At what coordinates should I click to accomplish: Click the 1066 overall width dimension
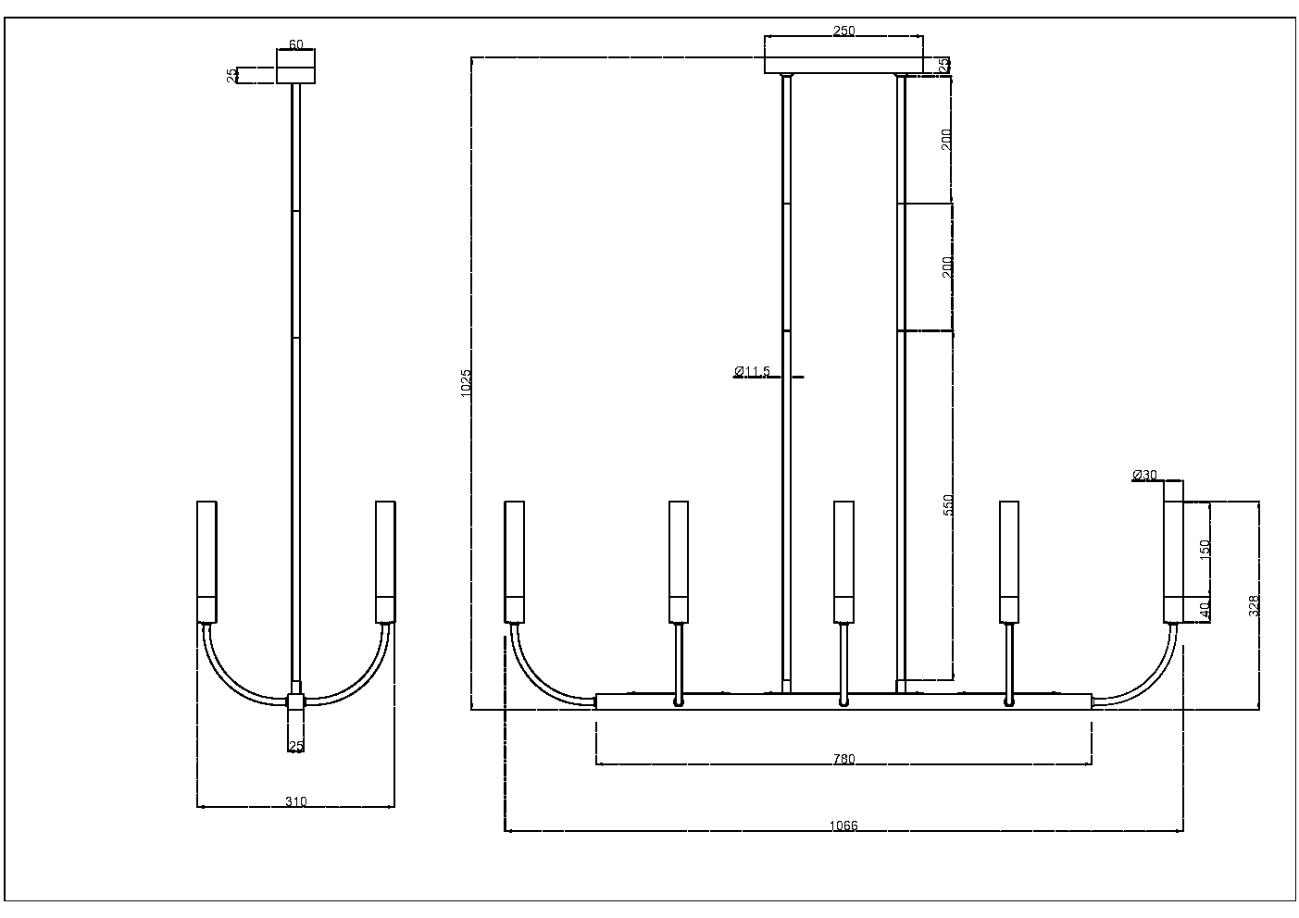pos(843,825)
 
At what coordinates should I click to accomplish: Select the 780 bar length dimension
pos(843,759)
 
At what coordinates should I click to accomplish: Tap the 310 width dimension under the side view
pos(295,801)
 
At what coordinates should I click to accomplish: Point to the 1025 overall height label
pos(466,383)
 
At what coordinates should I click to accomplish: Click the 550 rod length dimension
pos(947,505)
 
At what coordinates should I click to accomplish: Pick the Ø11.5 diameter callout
pos(752,371)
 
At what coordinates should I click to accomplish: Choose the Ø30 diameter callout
pos(1144,475)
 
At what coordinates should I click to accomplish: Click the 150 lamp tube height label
pos(1204,549)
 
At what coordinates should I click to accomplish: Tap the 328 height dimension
pos(1254,605)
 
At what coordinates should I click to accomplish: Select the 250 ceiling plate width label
pos(843,31)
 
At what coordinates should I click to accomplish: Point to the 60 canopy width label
pos(296,43)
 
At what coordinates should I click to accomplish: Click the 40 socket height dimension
pos(1204,610)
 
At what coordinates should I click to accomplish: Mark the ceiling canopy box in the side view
pos(296,67)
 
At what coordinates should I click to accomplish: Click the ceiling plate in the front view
pos(843,66)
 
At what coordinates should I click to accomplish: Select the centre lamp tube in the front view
pos(843,561)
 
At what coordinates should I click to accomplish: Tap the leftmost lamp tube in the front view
pos(515,561)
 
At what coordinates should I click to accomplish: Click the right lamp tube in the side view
pos(385,561)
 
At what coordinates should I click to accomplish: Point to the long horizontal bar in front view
pos(843,701)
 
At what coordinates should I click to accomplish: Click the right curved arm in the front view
pos(1144,676)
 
